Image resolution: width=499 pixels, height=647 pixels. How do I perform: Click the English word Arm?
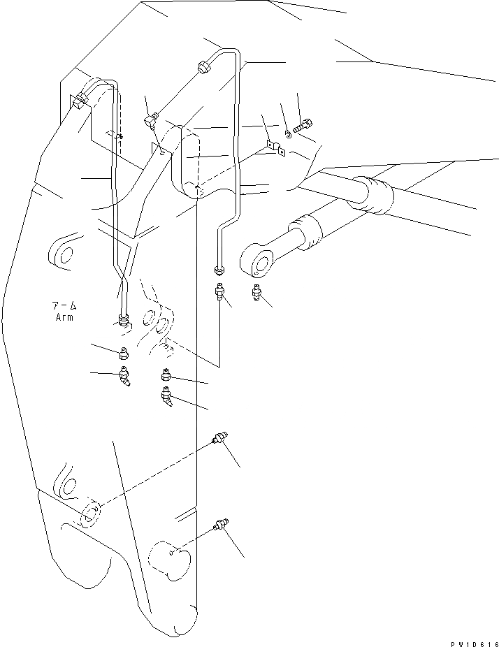pos(64,317)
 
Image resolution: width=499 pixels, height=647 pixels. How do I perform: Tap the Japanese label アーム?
pos(64,306)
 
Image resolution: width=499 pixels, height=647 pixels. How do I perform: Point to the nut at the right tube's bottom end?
pos(219,270)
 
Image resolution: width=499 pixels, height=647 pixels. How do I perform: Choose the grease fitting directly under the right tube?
pos(221,293)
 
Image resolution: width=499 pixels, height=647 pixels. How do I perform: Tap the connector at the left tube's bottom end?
pos(124,321)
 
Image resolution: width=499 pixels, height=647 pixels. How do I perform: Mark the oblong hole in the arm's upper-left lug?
pos(65,255)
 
